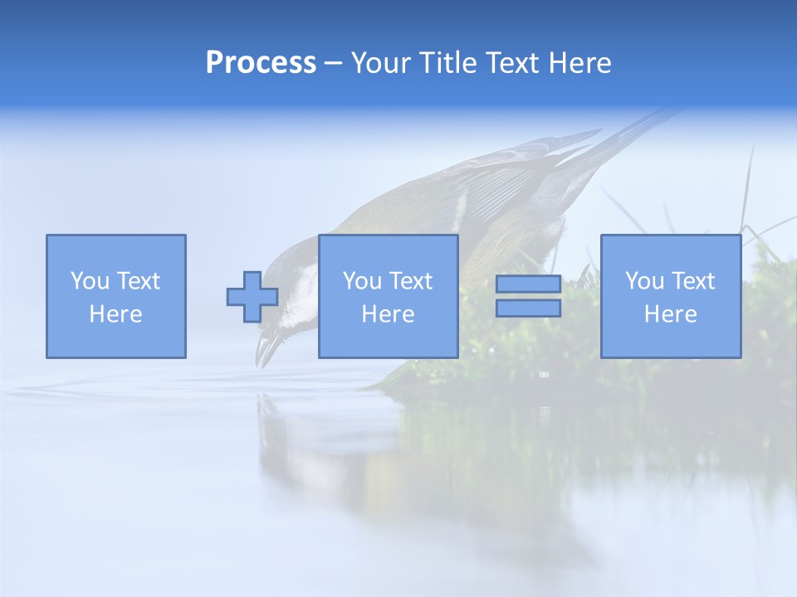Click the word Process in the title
tap(261, 63)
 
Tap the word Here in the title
tap(579, 63)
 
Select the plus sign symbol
tap(252, 297)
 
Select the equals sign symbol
tap(528, 296)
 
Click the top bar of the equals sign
tap(528, 284)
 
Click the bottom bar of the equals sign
tap(528, 308)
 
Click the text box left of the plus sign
tap(116, 296)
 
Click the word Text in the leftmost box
tap(137, 281)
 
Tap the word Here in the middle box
tap(389, 314)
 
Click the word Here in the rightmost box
tap(671, 314)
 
